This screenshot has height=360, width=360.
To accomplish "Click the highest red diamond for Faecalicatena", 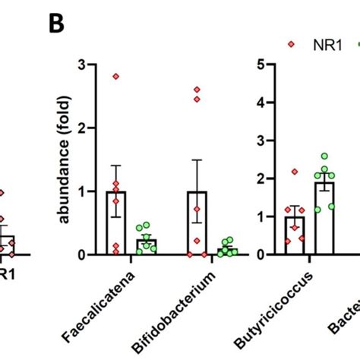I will coord(116,76).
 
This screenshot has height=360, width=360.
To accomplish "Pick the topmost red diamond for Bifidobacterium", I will coord(197,90).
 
